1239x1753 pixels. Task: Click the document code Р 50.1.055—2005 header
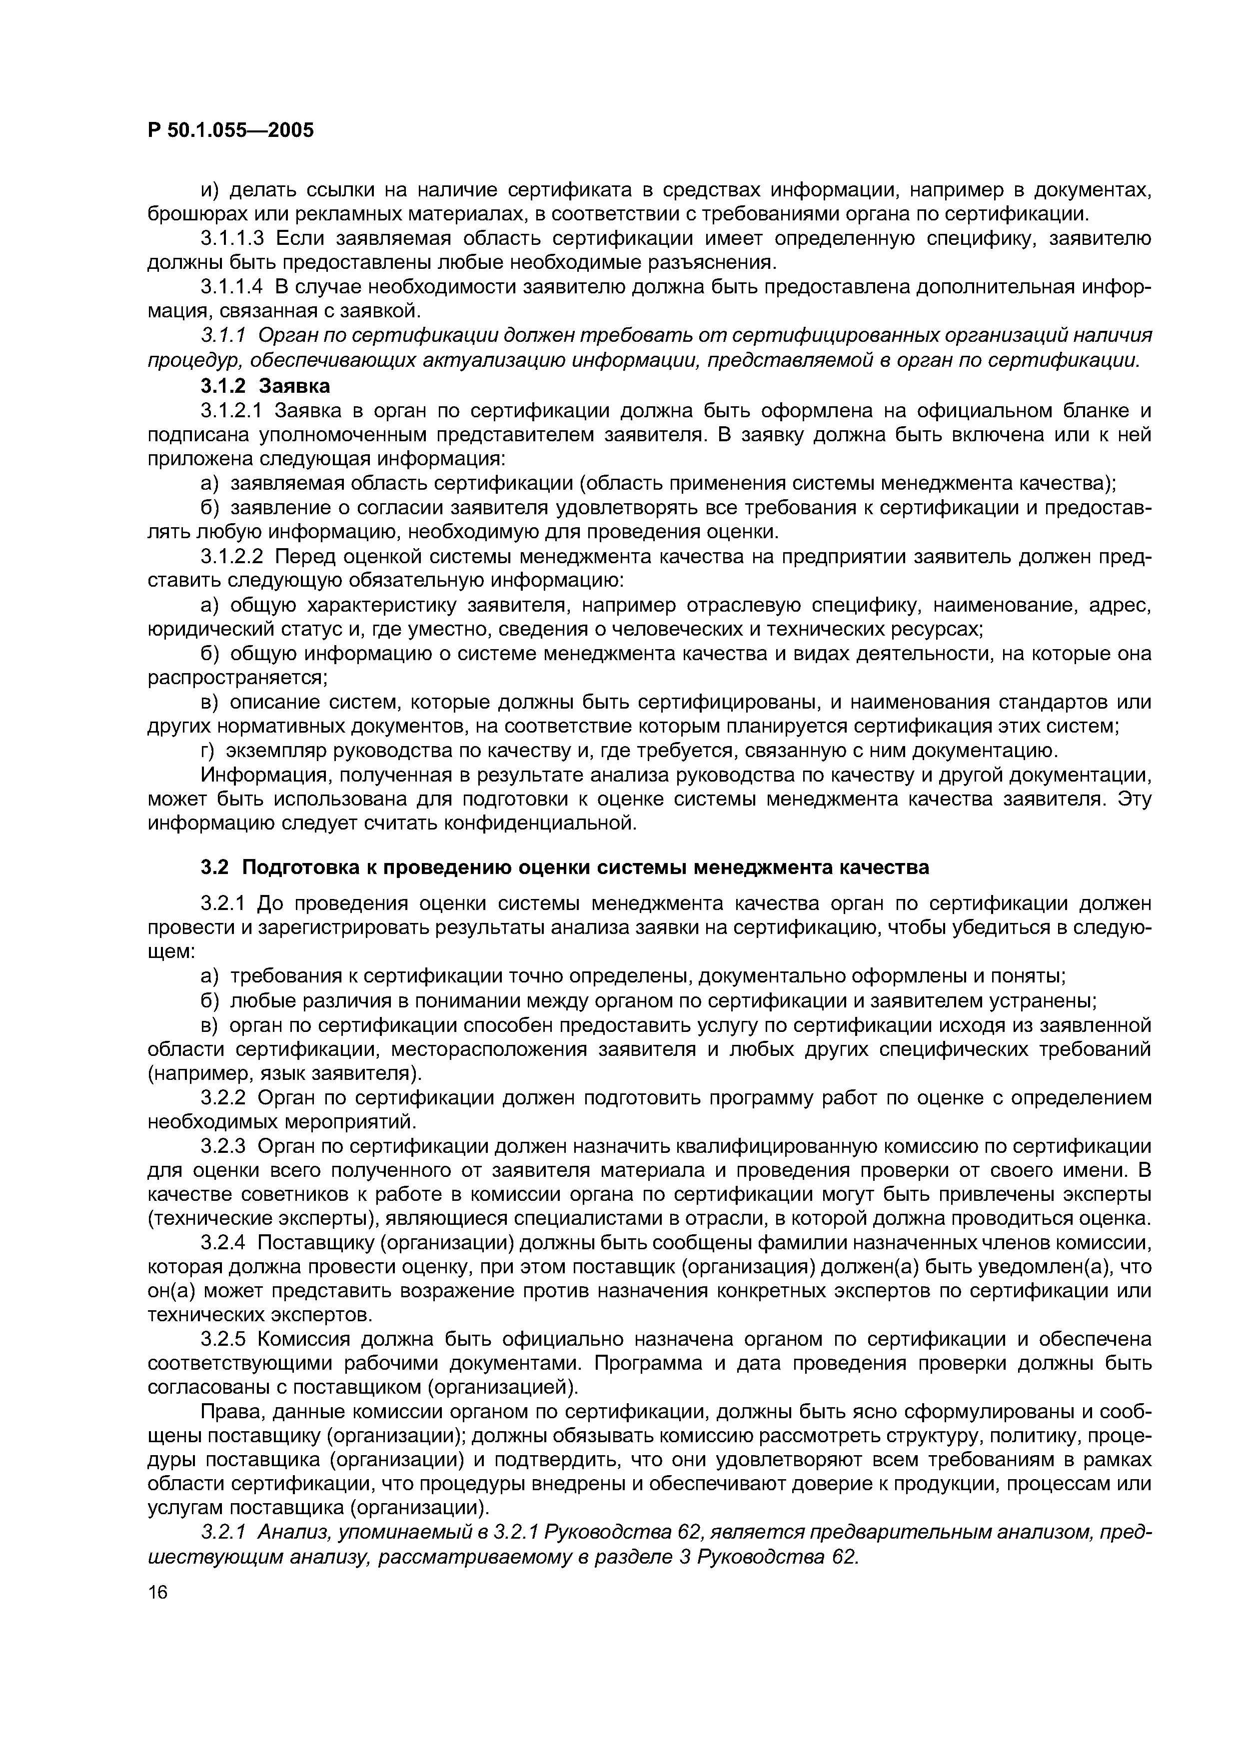pyautogui.click(x=230, y=130)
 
